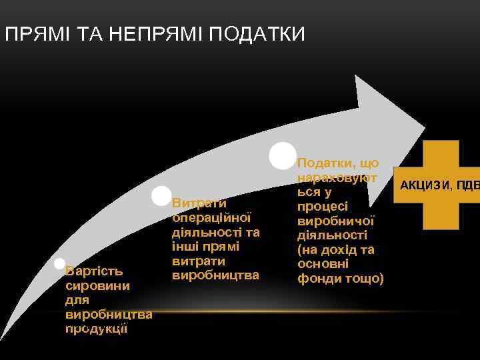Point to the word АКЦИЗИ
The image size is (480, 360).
[x=424, y=184]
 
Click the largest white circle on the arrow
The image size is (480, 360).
[x=283, y=155]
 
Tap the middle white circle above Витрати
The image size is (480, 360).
[x=161, y=196]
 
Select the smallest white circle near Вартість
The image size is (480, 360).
[x=59, y=264]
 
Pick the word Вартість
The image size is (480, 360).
[x=94, y=271]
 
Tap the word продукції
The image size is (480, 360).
[x=97, y=329]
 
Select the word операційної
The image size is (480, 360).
[x=211, y=217]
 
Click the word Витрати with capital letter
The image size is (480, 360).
[x=199, y=203]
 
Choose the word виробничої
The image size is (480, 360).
[x=337, y=221]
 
